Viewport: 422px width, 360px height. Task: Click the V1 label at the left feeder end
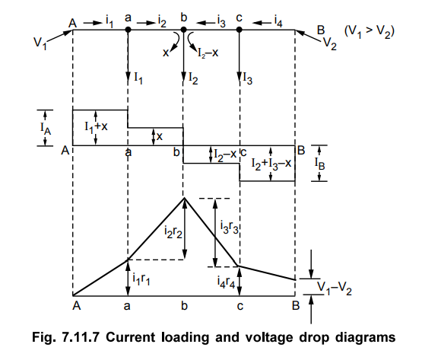(x=40, y=43)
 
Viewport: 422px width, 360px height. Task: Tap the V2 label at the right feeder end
(x=330, y=44)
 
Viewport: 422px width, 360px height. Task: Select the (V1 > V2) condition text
(x=370, y=32)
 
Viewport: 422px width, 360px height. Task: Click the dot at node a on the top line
(x=128, y=30)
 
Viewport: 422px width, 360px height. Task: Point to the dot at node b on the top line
(x=183, y=30)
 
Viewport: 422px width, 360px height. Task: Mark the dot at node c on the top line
(x=239, y=30)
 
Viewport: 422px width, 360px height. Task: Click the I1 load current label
(x=138, y=78)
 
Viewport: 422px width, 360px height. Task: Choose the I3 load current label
(x=248, y=78)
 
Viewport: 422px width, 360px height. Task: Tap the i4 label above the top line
(x=278, y=21)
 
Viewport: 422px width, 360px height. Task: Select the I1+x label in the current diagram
(x=96, y=126)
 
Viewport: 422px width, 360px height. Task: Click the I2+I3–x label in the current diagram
(x=271, y=164)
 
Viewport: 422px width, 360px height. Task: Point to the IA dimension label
(x=46, y=128)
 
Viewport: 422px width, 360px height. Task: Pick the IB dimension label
(x=319, y=164)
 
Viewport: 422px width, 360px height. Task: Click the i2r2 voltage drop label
(x=173, y=232)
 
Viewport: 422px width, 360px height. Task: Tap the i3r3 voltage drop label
(x=230, y=227)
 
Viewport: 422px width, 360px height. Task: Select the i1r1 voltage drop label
(x=141, y=279)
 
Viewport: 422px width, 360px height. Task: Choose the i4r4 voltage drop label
(x=226, y=282)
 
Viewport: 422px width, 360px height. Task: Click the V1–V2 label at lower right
(x=335, y=288)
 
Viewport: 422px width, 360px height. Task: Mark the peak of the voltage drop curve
(x=184, y=198)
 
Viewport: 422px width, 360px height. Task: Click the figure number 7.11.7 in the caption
(x=81, y=337)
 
